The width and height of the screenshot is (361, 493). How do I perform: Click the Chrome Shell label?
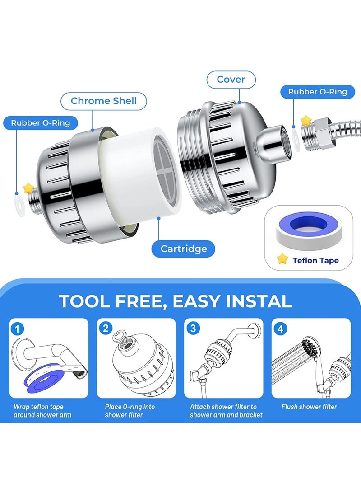[x=104, y=101]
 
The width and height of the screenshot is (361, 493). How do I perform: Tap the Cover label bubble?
[x=231, y=80]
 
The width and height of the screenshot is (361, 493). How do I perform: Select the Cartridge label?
[x=184, y=249]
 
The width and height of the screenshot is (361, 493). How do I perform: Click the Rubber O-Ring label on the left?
[x=41, y=122]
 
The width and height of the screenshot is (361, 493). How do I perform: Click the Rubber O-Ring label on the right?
[x=318, y=92]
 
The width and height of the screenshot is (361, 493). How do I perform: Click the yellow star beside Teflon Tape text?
[x=282, y=259]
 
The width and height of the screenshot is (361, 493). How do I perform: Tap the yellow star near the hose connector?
[x=305, y=120]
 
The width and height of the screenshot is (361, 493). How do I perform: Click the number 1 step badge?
[x=17, y=329]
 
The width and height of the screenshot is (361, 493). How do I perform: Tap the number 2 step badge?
[x=106, y=328]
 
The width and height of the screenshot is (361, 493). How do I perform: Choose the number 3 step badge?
[x=193, y=328]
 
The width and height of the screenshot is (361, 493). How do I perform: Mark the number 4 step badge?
[x=280, y=329]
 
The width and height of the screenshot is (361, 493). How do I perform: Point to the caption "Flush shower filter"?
[x=309, y=407]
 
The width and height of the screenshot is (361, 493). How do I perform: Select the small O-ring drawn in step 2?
[x=118, y=335]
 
